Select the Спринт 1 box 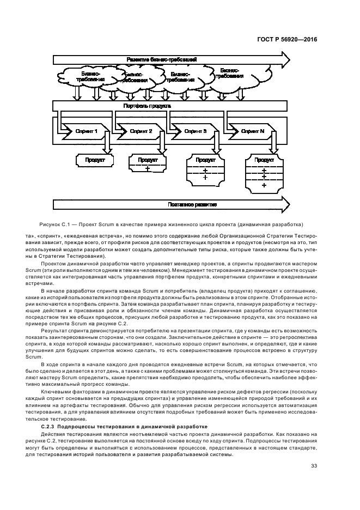point(87,132)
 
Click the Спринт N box point(253,132)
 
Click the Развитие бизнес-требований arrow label point(161,58)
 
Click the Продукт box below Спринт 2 point(148,164)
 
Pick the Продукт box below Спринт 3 point(205,168)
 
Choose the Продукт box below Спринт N point(264,172)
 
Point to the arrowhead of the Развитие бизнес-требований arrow point(283,58)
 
